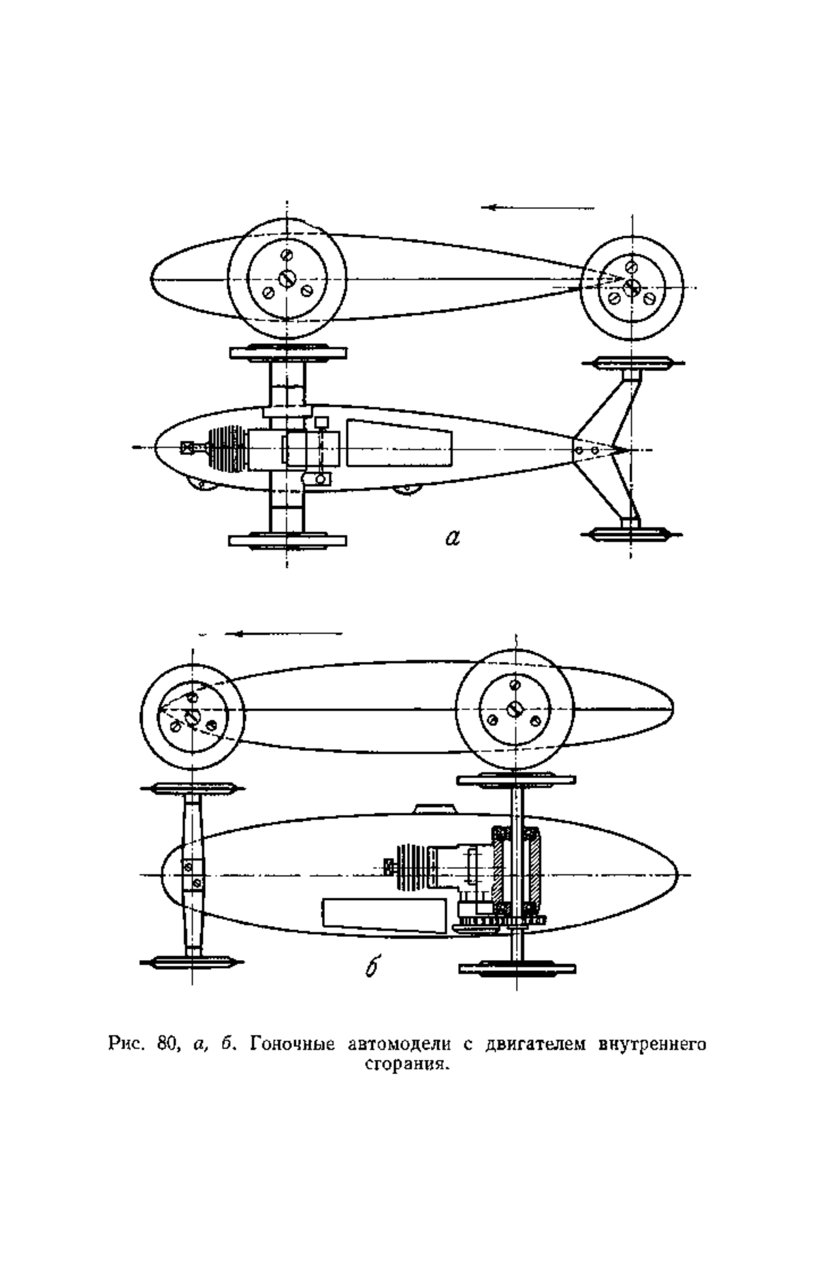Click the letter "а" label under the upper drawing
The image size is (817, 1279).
pos(453,538)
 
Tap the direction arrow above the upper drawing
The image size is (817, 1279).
pos(538,207)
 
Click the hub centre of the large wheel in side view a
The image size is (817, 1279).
pos(287,278)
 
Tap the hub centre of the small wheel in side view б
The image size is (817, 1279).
pos(192,715)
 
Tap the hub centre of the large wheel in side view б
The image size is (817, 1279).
pos(515,708)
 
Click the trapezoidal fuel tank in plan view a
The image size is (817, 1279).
pos(400,444)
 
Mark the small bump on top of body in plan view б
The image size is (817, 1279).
pos(434,808)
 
